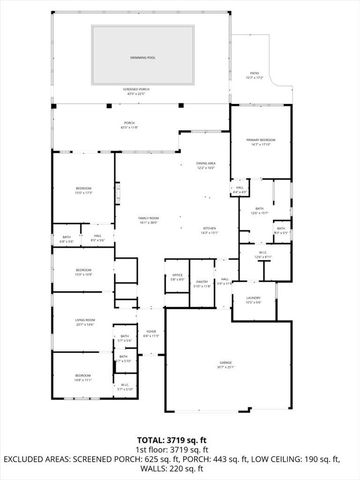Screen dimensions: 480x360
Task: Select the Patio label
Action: [x=255, y=74]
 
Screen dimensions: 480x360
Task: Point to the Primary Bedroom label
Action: [x=262, y=139]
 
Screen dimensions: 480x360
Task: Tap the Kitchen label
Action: [x=210, y=229]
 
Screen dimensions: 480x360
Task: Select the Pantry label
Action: [x=201, y=283]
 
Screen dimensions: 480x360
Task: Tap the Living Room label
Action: [x=84, y=321]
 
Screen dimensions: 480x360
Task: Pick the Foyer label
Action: [x=150, y=333]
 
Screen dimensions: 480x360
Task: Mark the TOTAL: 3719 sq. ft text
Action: [x=180, y=440]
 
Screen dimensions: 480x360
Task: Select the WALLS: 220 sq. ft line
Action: [x=180, y=468]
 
